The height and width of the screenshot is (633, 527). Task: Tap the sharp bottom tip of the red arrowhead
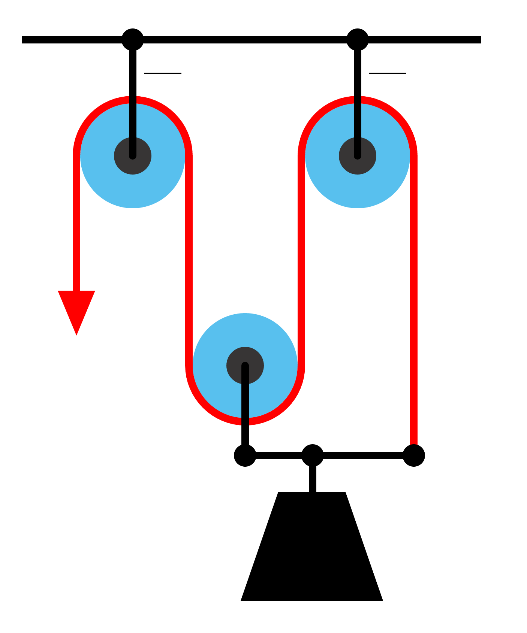tap(76, 335)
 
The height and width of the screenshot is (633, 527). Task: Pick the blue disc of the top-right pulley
tap(390, 176)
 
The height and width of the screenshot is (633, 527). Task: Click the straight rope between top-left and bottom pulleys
tap(189, 262)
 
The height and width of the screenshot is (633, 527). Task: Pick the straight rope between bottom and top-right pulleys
tap(301, 262)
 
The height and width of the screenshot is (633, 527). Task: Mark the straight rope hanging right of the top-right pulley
tap(414, 300)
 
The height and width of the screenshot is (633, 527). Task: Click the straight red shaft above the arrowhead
tap(76, 225)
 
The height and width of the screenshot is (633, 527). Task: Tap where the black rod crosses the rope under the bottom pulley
tap(245, 421)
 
